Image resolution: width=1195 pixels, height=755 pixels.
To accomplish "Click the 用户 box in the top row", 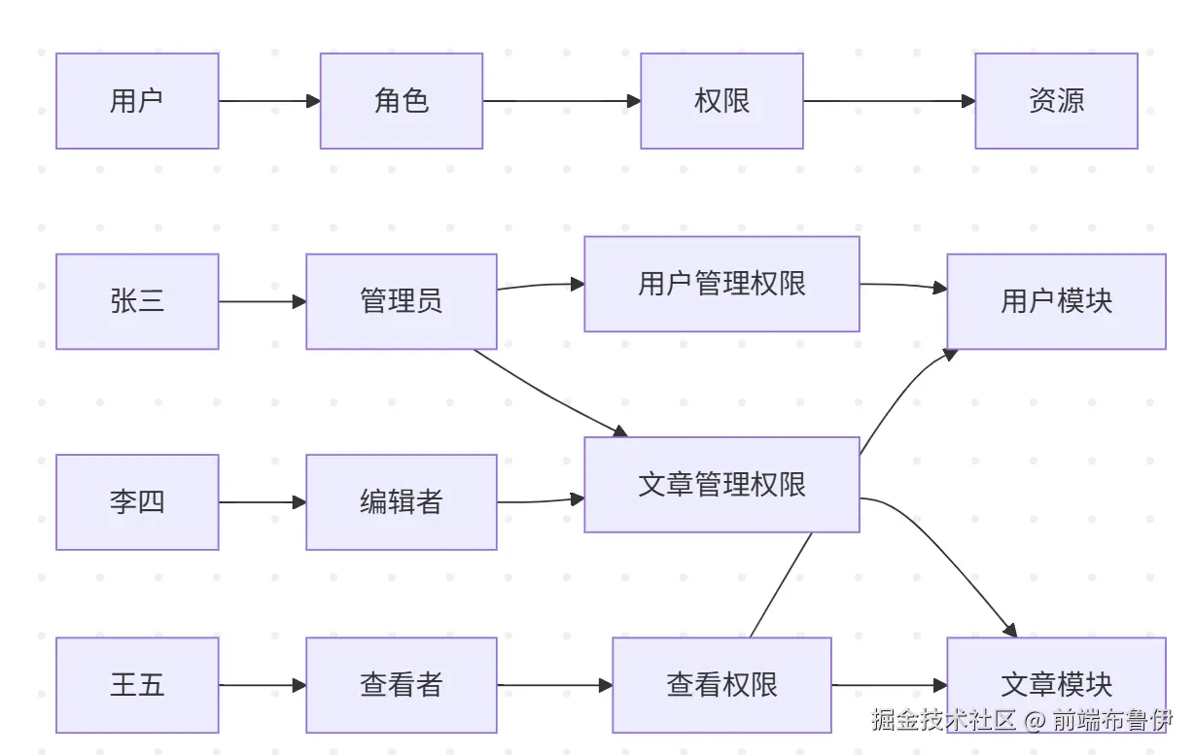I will click(x=137, y=101).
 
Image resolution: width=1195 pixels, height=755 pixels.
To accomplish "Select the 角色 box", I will click(x=401, y=101).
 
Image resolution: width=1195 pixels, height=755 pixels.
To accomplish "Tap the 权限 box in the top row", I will click(x=721, y=101).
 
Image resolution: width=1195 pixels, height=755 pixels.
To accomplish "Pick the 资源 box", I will click(x=1056, y=101).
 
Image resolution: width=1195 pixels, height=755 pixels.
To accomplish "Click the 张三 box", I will click(x=137, y=301).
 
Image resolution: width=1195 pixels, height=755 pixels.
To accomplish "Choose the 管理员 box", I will click(x=401, y=301).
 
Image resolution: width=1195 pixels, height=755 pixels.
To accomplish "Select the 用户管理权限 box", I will click(x=721, y=284).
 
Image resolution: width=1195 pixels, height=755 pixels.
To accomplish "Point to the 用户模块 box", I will click(x=1056, y=301).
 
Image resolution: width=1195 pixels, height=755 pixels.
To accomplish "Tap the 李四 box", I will click(x=137, y=502).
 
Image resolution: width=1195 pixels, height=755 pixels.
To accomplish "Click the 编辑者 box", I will click(x=401, y=502).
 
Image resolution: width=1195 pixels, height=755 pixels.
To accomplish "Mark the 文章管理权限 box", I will click(x=721, y=485).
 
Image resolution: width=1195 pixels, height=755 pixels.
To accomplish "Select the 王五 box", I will click(x=137, y=685).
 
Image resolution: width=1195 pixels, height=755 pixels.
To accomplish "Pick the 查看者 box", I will click(x=401, y=685).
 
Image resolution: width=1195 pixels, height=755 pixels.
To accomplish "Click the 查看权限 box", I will click(x=721, y=685).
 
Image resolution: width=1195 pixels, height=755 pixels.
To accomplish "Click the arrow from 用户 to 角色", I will click(x=269, y=101).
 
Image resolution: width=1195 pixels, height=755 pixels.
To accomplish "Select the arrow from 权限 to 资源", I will click(x=889, y=101).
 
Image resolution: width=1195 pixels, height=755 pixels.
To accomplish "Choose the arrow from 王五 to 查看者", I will click(x=262, y=685).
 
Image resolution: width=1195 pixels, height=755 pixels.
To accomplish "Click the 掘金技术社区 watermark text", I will click(x=943, y=720).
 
